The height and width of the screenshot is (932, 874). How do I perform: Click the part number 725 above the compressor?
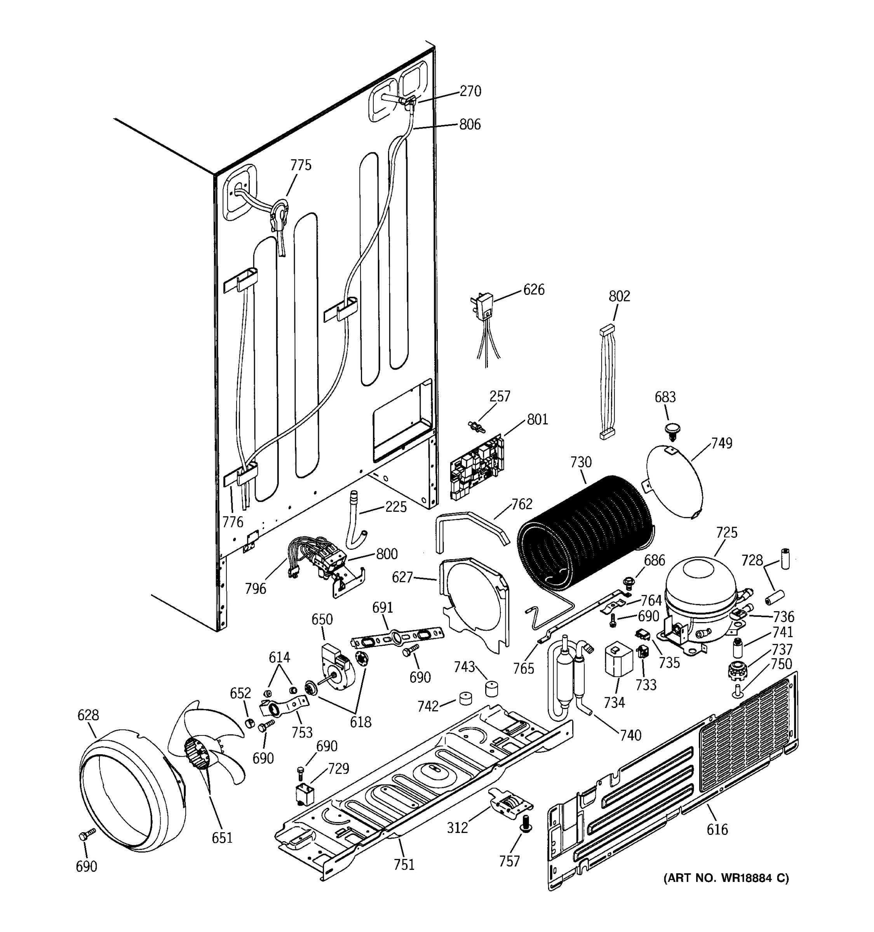(x=727, y=532)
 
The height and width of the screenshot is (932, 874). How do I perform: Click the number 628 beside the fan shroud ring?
(x=88, y=715)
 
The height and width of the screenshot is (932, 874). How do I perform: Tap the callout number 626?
(x=534, y=290)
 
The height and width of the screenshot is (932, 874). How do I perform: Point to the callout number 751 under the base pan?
(x=404, y=864)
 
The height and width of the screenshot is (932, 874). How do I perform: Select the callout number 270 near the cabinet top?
(x=470, y=91)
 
